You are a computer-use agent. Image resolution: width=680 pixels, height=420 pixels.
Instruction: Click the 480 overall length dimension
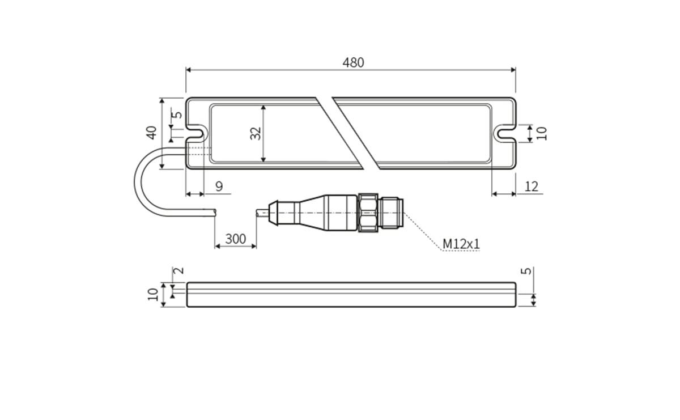(353, 62)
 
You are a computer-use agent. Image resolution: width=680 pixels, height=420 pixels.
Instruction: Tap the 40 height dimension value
(151, 133)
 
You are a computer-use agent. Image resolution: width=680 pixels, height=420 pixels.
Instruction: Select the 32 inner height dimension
(256, 133)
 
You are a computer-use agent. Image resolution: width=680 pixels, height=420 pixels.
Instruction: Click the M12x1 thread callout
(461, 244)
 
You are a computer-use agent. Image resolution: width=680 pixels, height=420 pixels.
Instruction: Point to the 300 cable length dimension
(236, 239)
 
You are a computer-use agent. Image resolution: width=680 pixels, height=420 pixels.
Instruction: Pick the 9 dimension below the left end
(219, 186)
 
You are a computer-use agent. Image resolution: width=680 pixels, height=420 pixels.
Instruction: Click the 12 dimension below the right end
(532, 186)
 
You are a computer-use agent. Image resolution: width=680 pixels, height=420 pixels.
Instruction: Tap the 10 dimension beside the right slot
(542, 133)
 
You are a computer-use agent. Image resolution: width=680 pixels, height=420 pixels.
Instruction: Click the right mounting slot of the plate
(505, 134)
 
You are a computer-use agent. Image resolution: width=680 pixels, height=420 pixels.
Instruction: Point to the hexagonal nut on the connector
(368, 213)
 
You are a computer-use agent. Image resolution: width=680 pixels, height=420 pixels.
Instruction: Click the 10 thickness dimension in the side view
(152, 294)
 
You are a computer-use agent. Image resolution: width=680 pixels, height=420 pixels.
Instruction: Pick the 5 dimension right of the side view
(526, 271)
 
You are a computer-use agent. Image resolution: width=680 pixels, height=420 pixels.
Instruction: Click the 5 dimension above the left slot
(178, 114)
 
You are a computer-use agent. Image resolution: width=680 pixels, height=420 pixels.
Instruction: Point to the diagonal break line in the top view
(348, 133)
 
